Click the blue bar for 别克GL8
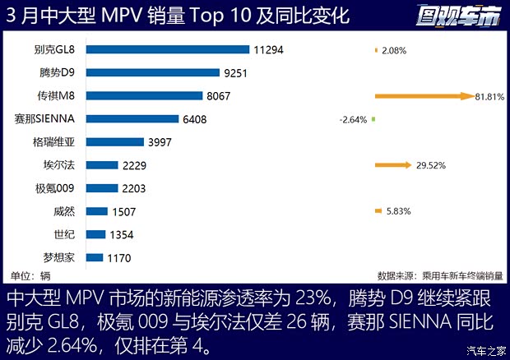pos(167,49)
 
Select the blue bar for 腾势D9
pos(152,72)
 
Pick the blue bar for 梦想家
pos(94,257)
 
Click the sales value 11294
pos(268,49)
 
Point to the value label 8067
pos(220,96)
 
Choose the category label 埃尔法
pos(58,165)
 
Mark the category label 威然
pos(64,211)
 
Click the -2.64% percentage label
pos(352,120)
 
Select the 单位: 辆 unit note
pos(30,275)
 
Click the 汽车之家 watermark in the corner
pos(486,351)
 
